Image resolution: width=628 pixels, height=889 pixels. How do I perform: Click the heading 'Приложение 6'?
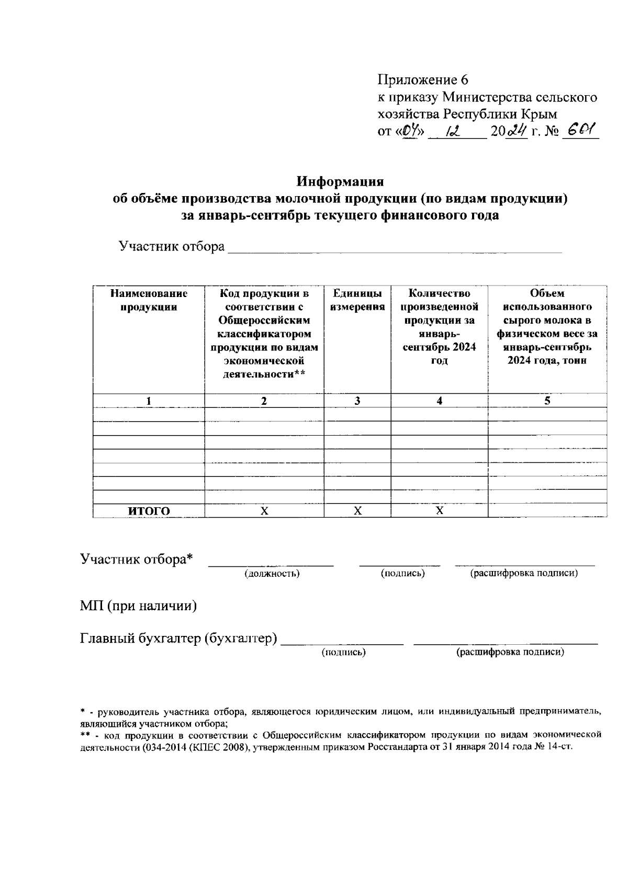coord(422,80)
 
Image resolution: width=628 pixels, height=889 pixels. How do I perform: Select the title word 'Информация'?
coord(340,181)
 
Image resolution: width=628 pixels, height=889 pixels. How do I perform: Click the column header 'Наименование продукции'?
coord(149,301)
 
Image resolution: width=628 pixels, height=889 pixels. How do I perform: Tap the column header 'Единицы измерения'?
coord(357,301)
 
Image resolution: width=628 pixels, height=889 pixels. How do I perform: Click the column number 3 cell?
coord(357,401)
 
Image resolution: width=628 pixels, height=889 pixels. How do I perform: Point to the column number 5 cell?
coord(547,401)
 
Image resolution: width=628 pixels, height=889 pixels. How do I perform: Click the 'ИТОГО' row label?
coord(149,511)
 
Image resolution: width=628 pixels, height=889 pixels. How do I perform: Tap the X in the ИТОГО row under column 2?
coord(264,511)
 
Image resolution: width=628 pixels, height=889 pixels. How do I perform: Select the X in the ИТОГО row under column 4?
coord(440,511)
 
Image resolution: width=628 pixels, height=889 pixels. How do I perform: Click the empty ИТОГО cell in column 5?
coord(547,511)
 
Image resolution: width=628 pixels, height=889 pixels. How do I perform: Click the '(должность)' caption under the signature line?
coord(272,573)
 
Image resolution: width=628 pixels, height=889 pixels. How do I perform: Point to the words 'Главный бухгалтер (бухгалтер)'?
coord(178,639)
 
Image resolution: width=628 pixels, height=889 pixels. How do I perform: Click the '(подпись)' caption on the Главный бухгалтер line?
coord(343,652)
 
